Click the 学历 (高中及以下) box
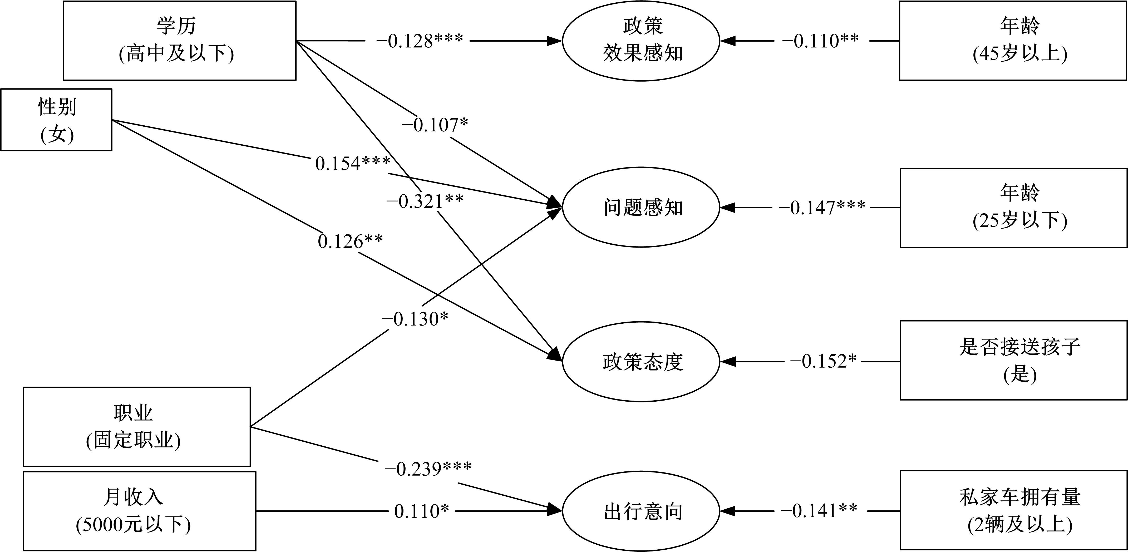pyautogui.click(x=180, y=40)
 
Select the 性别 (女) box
pyautogui.click(x=56, y=120)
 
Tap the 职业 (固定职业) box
pyautogui.click(x=137, y=426)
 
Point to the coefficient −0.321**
pyautogui.click(x=425, y=201)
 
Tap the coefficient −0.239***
pyautogui.click(x=428, y=469)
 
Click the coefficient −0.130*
pyautogui.click(x=415, y=319)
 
